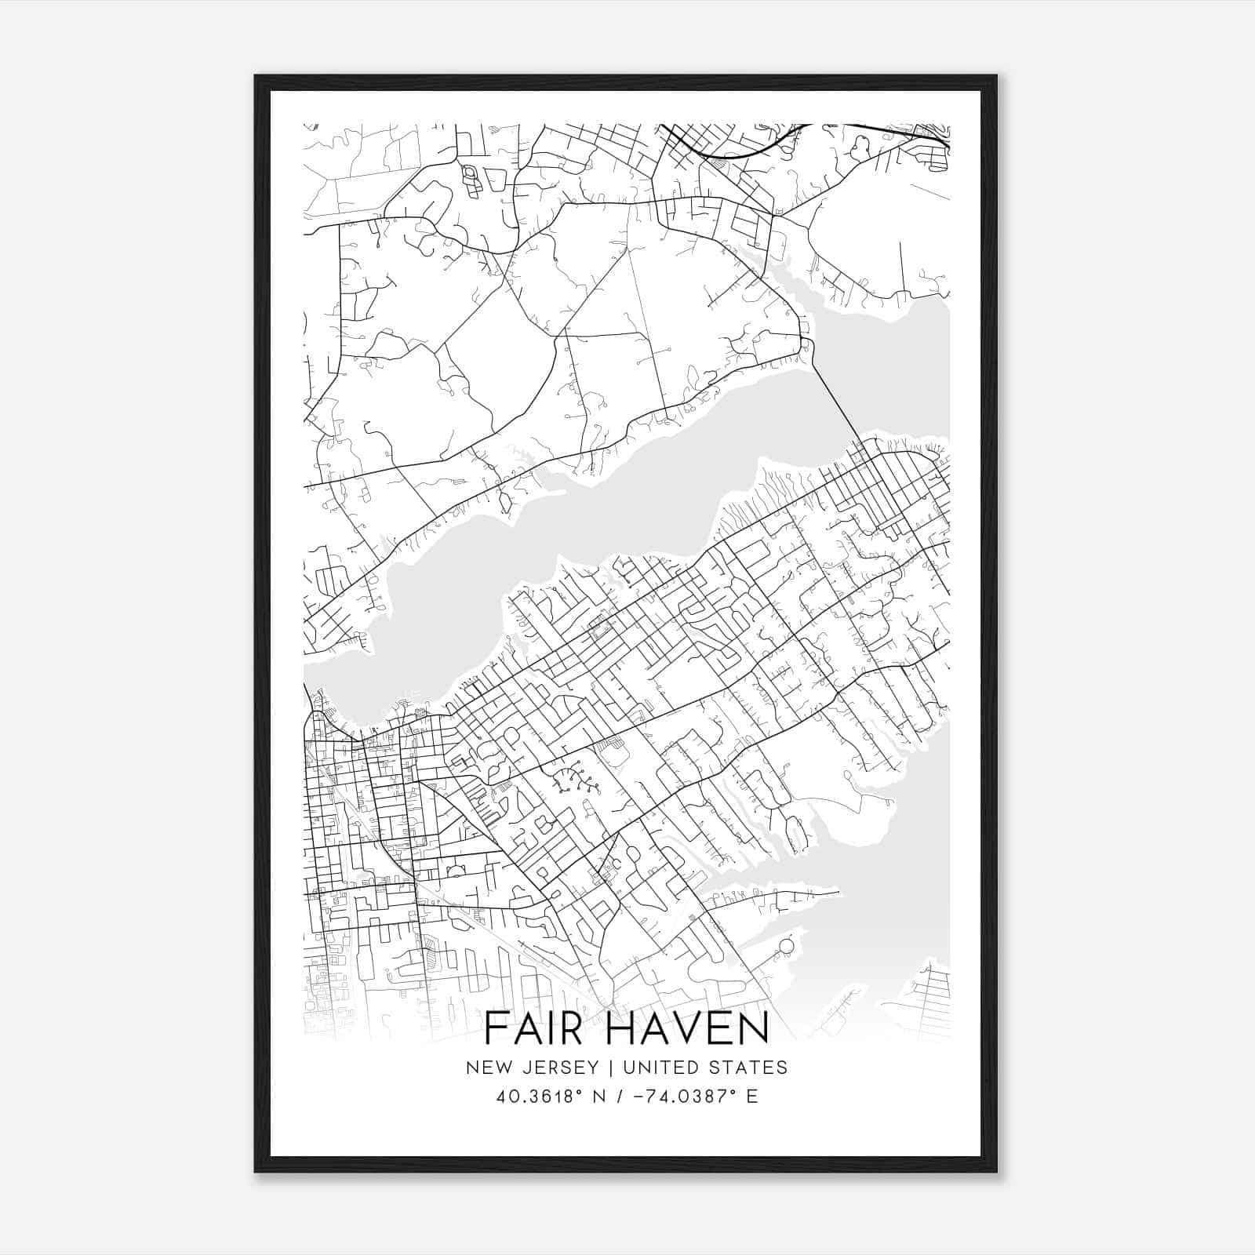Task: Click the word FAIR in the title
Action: click(533, 1029)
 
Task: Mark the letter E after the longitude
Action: click(752, 1097)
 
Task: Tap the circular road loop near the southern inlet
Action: click(786, 948)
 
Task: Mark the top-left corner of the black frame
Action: click(256, 77)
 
